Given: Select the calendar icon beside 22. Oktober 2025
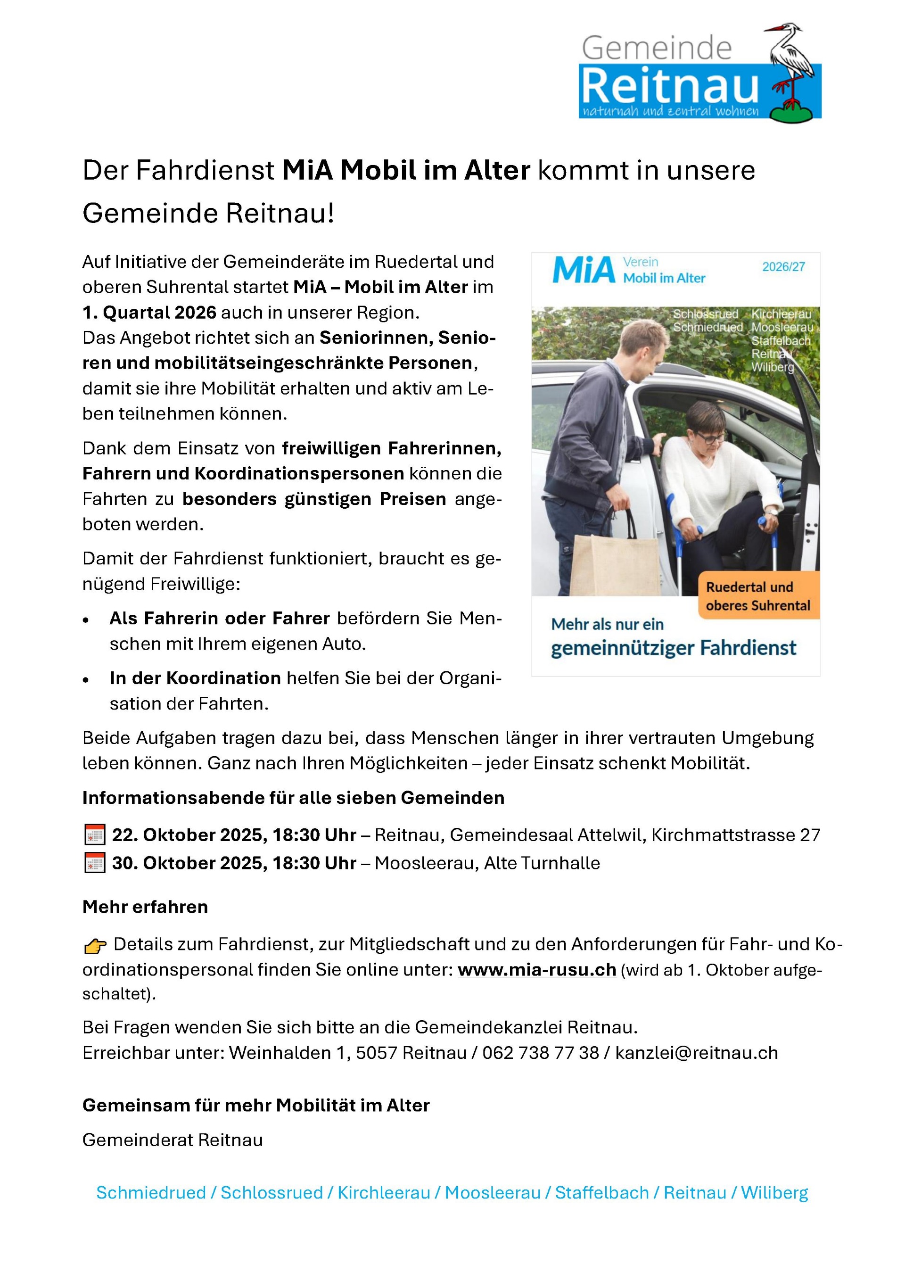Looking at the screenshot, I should coord(95,835).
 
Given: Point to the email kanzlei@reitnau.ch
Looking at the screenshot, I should coord(696,1053).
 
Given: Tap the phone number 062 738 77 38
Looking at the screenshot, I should coord(540,1053).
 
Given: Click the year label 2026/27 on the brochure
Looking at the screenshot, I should coord(783,267).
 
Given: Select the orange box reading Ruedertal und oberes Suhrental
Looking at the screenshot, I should coord(758,596).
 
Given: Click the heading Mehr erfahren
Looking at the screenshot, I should coord(145,907).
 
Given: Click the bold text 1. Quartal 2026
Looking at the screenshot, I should coord(149,312).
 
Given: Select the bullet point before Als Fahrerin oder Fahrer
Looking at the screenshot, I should coord(86,620).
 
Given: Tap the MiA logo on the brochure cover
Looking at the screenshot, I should coord(584,271).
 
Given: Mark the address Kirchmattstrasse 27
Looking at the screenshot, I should coord(736,835).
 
